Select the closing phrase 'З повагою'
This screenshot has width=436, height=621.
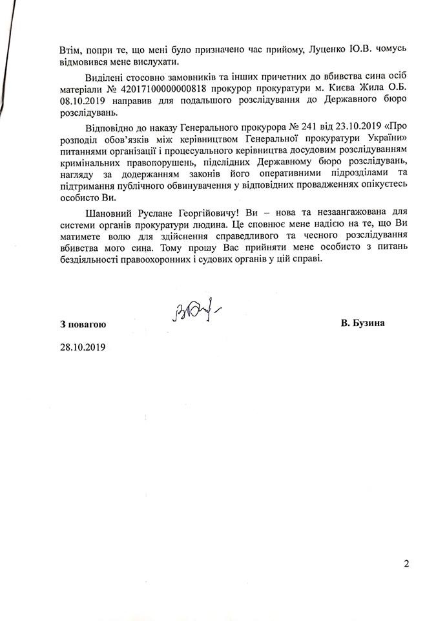coord(81,323)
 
